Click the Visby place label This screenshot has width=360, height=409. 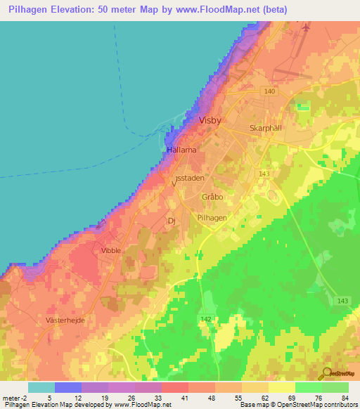coord(210,120)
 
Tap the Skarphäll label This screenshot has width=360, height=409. coord(265,129)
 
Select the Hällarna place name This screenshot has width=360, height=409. coord(181,150)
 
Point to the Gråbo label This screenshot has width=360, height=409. coord(212,197)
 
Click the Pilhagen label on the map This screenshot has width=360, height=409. coord(212,219)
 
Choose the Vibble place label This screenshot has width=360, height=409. coord(111,250)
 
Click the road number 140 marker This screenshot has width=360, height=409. coord(271,91)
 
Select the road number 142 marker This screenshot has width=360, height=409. coord(205,319)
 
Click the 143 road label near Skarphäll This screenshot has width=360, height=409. coord(264,174)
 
